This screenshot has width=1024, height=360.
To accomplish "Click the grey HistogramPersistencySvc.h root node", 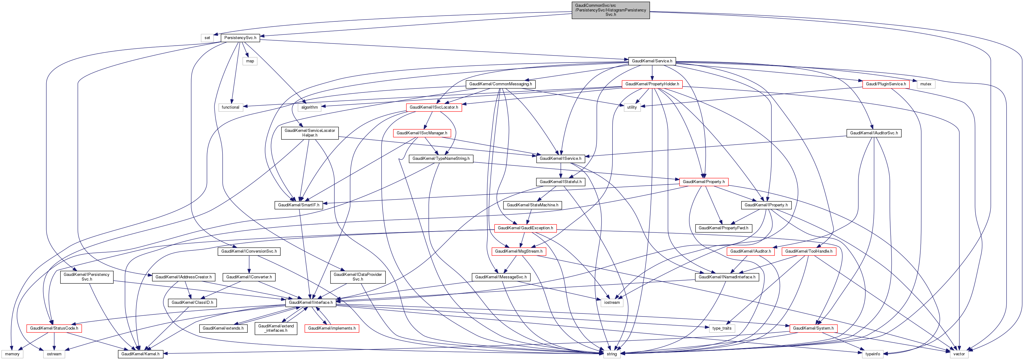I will tap(611, 10).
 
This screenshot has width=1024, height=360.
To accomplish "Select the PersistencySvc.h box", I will tap(240, 38).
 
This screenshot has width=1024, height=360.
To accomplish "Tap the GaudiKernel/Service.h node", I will tap(652, 61).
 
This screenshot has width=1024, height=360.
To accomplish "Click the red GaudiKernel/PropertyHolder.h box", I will tap(652, 84).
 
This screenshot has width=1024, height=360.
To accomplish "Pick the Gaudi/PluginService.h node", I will tap(886, 84).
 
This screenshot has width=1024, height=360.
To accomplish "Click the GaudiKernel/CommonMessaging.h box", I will tap(500, 84).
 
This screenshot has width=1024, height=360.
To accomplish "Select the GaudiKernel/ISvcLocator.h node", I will tap(434, 107).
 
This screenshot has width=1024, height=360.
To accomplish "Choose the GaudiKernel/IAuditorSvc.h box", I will tap(874, 133).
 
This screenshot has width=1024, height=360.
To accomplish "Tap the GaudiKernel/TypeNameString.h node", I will tap(441, 159).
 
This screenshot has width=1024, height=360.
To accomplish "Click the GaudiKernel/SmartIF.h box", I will tap(299, 205).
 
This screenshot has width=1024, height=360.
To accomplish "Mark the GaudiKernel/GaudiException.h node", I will tap(525, 228).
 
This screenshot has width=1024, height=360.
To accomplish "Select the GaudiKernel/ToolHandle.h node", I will tap(809, 251).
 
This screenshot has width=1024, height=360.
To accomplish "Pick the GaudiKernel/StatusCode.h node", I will tap(54, 329).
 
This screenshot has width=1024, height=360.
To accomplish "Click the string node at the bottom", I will tap(612, 354).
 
